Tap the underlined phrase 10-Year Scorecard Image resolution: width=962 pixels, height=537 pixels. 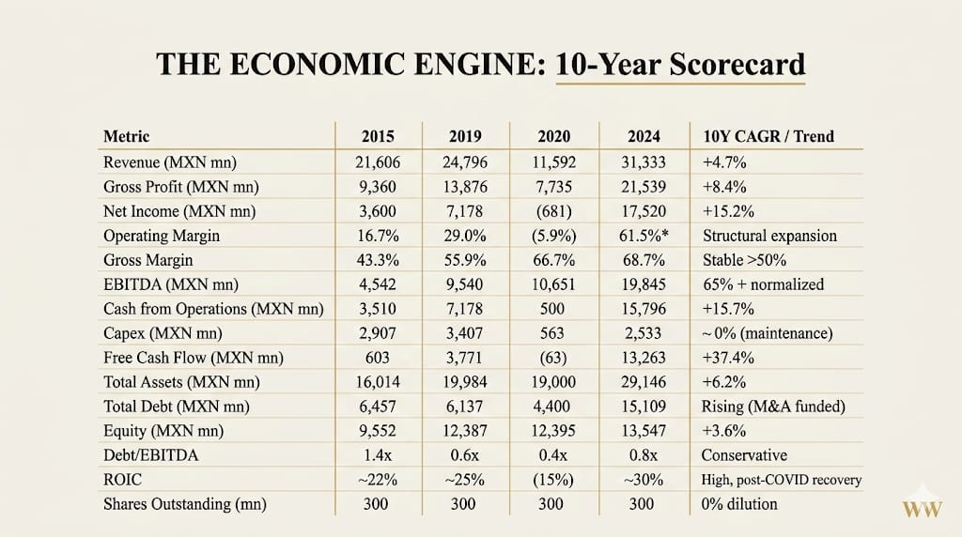click(680, 64)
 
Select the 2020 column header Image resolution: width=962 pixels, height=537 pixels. click(551, 136)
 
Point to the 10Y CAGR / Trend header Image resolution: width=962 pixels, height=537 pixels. click(768, 136)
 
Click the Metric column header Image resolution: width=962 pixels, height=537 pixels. click(126, 136)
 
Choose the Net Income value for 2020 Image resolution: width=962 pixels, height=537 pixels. click(551, 210)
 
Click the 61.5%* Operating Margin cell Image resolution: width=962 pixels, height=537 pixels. click(644, 235)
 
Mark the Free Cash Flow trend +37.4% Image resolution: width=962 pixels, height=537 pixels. click(724, 357)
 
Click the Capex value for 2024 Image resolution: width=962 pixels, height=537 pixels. click(644, 332)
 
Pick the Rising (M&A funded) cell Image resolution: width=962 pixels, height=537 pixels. click(772, 407)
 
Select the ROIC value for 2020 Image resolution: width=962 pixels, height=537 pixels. click(551, 480)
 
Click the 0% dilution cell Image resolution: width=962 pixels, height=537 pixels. click(739, 504)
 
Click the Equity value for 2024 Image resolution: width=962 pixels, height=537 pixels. click(644, 431)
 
